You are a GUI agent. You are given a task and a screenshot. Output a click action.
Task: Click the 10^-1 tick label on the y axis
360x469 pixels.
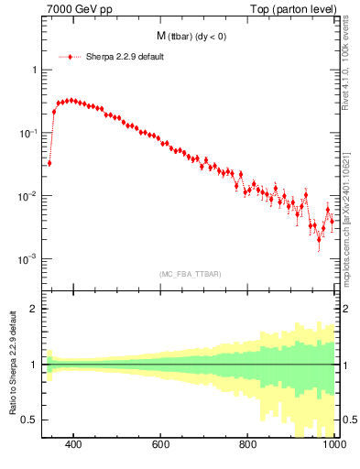tap(26, 134)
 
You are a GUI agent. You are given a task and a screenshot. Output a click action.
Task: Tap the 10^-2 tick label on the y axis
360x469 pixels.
tap(26, 197)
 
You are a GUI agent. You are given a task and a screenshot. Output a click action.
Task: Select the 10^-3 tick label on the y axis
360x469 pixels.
tap(26, 260)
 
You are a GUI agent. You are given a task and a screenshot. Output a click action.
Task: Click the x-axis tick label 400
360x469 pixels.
tap(74, 445)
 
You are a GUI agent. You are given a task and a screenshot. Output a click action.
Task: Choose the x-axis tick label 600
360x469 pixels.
tap(161, 445)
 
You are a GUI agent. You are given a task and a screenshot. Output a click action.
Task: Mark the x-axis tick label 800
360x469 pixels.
tap(248, 445)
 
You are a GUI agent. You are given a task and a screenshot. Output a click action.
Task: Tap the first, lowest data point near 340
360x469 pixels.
tap(49, 163)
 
